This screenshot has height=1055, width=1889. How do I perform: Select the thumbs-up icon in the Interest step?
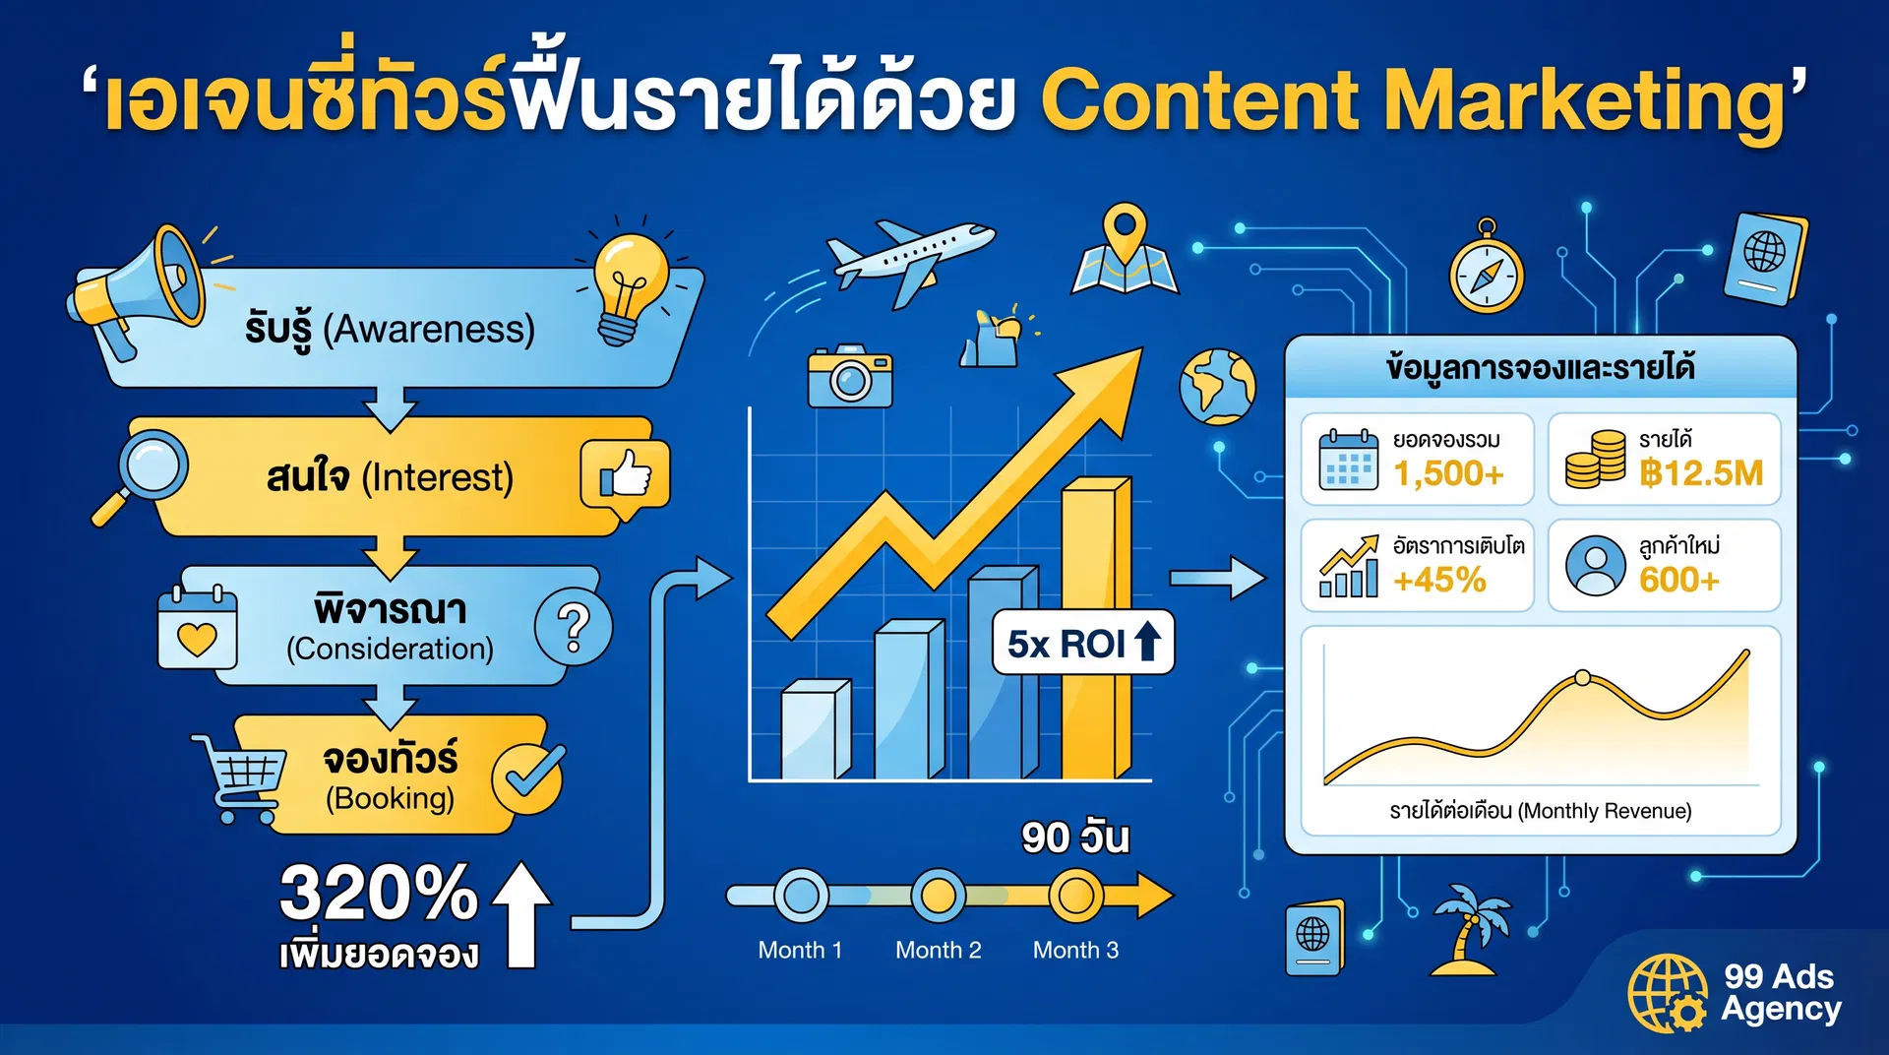(626, 474)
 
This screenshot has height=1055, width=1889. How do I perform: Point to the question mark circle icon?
(573, 626)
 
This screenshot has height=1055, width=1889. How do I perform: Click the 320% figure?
(378, 893)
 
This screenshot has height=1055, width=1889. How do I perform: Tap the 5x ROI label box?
(1082, 644)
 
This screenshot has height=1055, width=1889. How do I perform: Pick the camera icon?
(850, 376)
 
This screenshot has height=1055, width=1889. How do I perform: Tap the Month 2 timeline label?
(938, 950)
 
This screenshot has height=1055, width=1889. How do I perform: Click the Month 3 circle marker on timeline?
(1074, 896)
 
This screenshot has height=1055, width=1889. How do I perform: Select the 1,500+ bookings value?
(1448, 473)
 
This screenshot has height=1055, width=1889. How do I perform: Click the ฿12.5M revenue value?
(1700, 473)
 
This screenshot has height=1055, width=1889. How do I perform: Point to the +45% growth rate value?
(1439, 580)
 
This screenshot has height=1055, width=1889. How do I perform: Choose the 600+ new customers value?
(1678, 580)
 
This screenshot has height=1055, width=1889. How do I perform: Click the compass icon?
(1486, 273)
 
